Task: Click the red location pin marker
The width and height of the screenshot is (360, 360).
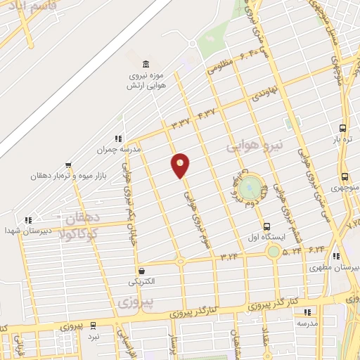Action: (180, 165)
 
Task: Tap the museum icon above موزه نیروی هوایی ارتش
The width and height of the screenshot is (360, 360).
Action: (146, 63)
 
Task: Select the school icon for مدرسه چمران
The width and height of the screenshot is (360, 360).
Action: (117, 139)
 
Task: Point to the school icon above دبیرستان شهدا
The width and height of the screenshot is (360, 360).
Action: (28, 220)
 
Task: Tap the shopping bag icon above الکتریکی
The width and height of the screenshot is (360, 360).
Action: (142, 270)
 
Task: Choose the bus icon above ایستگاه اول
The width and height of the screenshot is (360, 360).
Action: (266, 226)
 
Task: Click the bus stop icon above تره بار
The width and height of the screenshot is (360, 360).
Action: (342, 128)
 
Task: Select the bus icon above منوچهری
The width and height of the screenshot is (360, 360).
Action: (345, 177)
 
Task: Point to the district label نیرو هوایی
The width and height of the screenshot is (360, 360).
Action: (254, 146)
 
